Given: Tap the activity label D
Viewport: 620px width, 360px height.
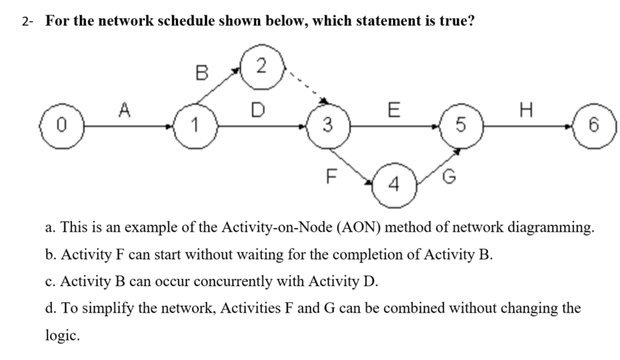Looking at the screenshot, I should click(x=258, y=110).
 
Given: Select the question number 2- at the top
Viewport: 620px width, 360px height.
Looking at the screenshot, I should click(x=27, y=20).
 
